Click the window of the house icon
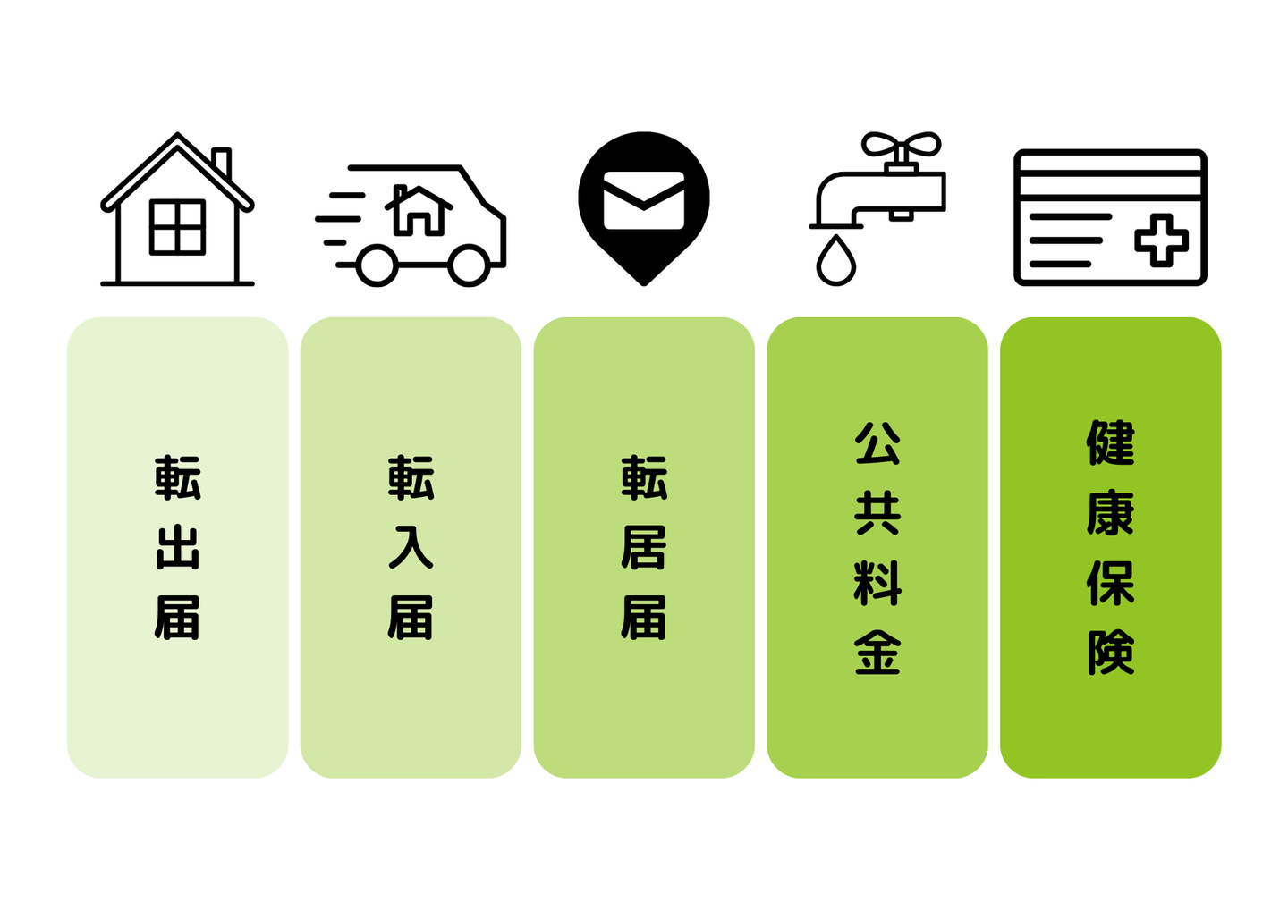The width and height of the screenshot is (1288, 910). pos(177,227)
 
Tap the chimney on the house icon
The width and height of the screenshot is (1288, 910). pos(222,163)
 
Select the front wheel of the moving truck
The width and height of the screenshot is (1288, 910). pos(469,265)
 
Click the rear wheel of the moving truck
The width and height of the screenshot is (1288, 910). pos(377,265)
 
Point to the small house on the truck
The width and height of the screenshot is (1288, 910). pos(419,210)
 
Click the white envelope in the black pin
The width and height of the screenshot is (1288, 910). pos(644,200)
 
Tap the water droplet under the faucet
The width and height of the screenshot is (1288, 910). pos(836,261)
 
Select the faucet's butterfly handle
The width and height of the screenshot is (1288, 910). pos(901,145)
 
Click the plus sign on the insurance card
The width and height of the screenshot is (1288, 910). pos(1161,240)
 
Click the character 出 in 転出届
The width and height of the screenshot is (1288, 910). pos(178,548)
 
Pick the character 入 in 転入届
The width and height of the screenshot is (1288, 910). pos(411,548)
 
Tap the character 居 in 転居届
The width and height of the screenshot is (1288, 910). pos(644,548)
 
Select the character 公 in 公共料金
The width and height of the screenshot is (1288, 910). pos(877,444)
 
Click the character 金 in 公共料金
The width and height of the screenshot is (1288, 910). pos(877,653)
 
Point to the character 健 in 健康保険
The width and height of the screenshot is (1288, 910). pos(1111,444)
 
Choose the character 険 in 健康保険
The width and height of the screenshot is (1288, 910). pos(1111,653)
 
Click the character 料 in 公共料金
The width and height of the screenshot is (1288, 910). pos(877,584)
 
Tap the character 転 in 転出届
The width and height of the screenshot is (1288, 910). pos(178,478)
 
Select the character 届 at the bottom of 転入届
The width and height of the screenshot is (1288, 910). pos(411,618)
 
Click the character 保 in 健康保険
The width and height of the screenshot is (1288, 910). pos(1111,584)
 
